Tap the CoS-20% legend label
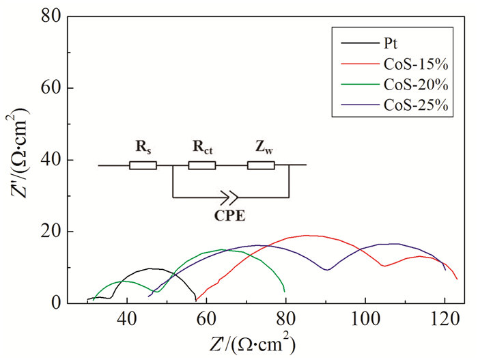pos(412,86)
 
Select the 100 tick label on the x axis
pos(365,318)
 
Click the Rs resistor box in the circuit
pos(143,165)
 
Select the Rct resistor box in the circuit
pos(202,165)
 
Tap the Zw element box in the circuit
pos(261,165)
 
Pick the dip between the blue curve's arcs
pos(328,270)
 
